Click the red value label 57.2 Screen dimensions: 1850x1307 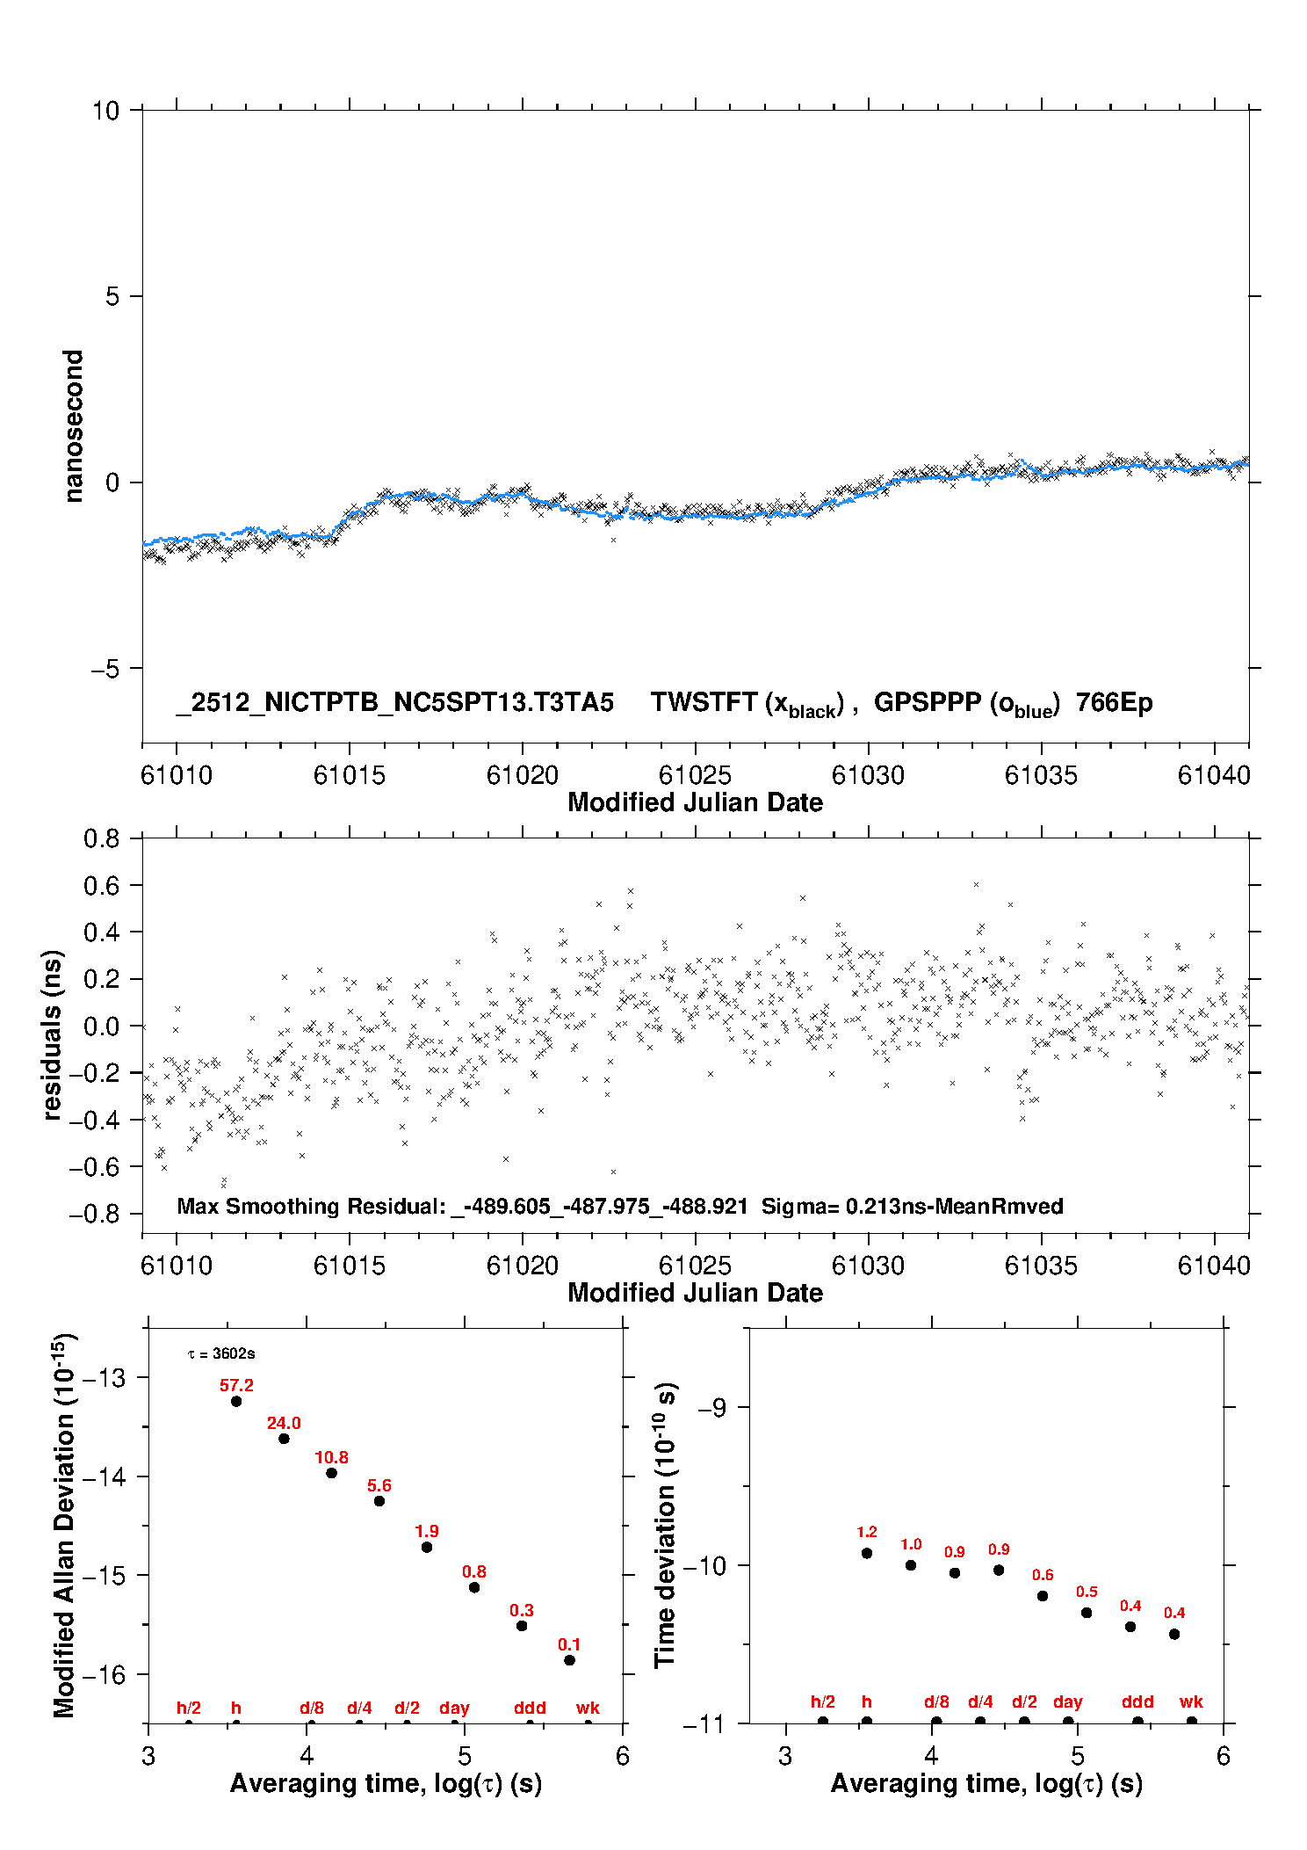236,1385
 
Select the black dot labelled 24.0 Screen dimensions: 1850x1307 284,1439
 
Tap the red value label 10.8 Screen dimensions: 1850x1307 331,1457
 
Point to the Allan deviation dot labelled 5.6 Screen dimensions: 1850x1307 379,1501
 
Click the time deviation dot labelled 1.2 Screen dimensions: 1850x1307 867,1553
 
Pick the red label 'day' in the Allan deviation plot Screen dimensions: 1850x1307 454,1708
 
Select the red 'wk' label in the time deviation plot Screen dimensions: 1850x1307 1191,1701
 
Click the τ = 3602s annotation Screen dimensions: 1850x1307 221,1354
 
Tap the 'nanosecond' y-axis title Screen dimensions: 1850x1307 74,426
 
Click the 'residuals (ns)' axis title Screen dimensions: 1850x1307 53,1034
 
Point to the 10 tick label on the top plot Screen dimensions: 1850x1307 105,111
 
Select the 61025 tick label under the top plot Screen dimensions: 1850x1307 695,775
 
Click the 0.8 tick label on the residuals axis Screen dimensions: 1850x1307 102,838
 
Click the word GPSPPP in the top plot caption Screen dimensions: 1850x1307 927,702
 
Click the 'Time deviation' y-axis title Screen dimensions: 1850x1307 666,1525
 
